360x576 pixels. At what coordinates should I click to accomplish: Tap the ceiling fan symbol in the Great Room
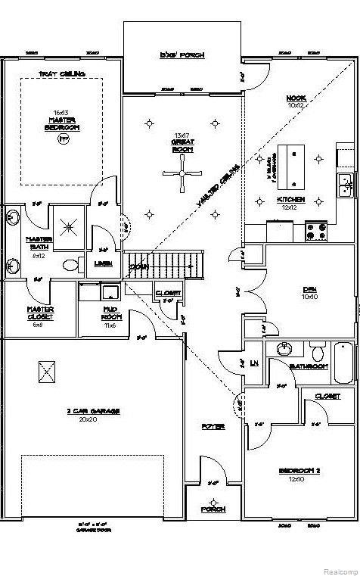182,173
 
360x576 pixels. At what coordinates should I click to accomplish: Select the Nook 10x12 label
296,101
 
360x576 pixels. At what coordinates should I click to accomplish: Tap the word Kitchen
291,200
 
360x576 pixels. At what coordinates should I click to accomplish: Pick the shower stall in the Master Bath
70,225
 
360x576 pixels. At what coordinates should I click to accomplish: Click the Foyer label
213,427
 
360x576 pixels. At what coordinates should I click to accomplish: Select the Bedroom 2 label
300,474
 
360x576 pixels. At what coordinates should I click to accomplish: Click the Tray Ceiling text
62,74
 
